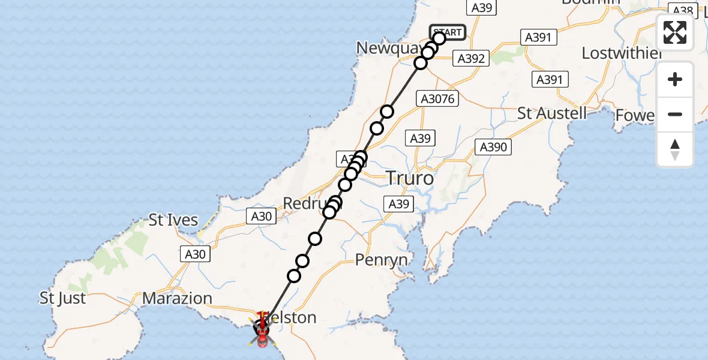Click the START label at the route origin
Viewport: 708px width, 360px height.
tap(448, 32)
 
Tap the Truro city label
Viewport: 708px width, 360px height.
tap(409, 178)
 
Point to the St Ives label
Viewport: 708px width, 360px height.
tap(173, 220)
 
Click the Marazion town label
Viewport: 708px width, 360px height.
tap(178, 298)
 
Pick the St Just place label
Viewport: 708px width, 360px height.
tap(62, 298)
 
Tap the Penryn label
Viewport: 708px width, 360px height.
tap(382, 260)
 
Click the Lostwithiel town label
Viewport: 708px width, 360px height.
tap(621, 53)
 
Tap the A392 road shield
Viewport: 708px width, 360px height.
tap(471, 58)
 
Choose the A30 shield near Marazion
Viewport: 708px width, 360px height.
tap(195, 254)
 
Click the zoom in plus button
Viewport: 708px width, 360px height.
tap(675, 80)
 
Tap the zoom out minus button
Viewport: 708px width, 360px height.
tap(675, 114)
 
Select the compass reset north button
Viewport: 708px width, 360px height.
tap(675, 149)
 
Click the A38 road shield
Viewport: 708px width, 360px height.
tap(683, 10)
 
